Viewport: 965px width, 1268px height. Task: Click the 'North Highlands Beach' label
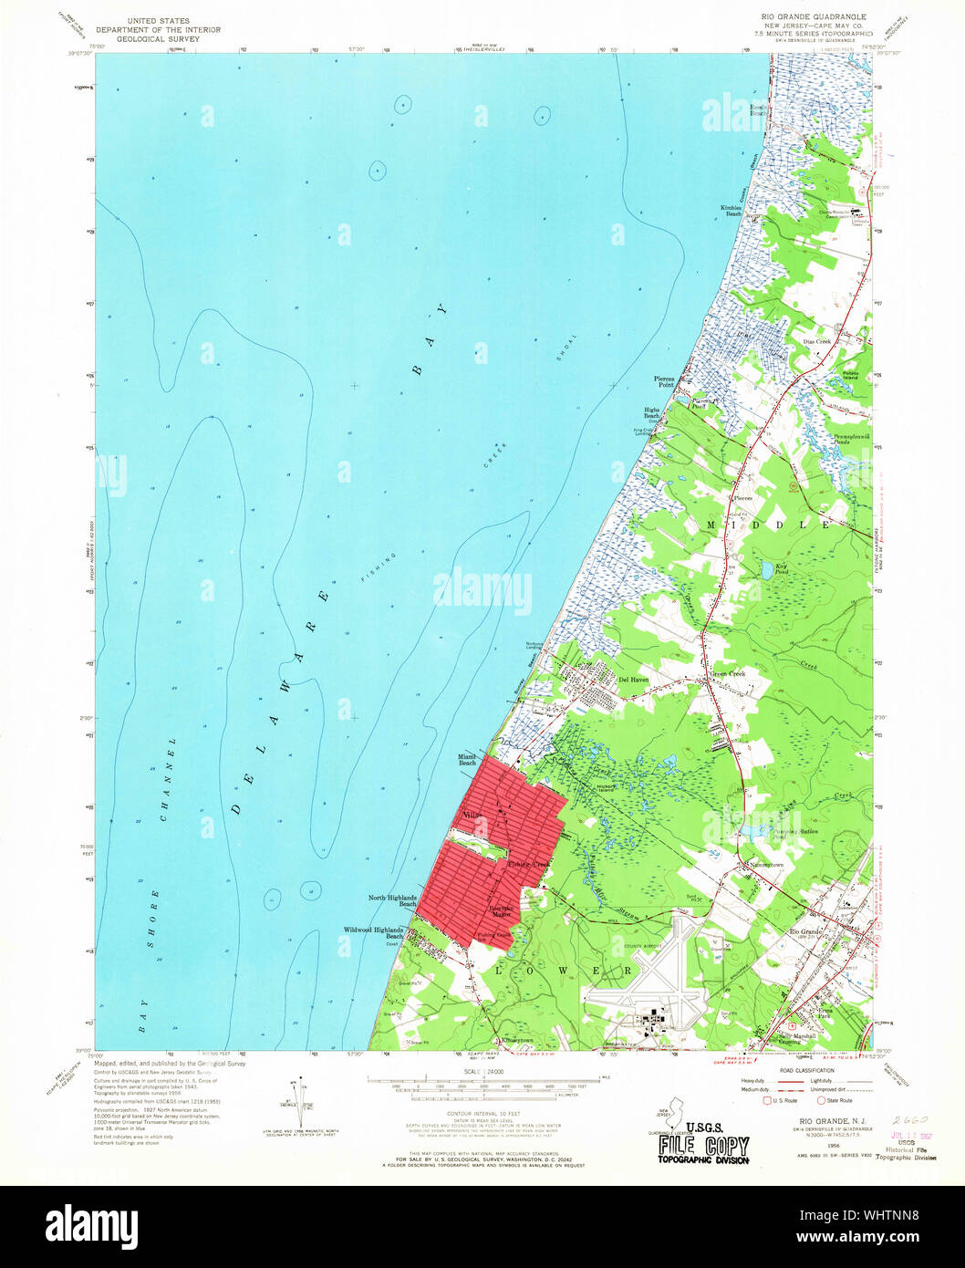tap(393, 900)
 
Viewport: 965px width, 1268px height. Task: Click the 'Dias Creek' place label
tap(816, 341)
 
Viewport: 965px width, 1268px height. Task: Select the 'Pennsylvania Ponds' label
tap(850, 440)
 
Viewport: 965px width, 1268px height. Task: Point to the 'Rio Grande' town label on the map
tap(805, 930)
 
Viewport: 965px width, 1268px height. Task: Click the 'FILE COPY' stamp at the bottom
tap(704, 1147)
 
